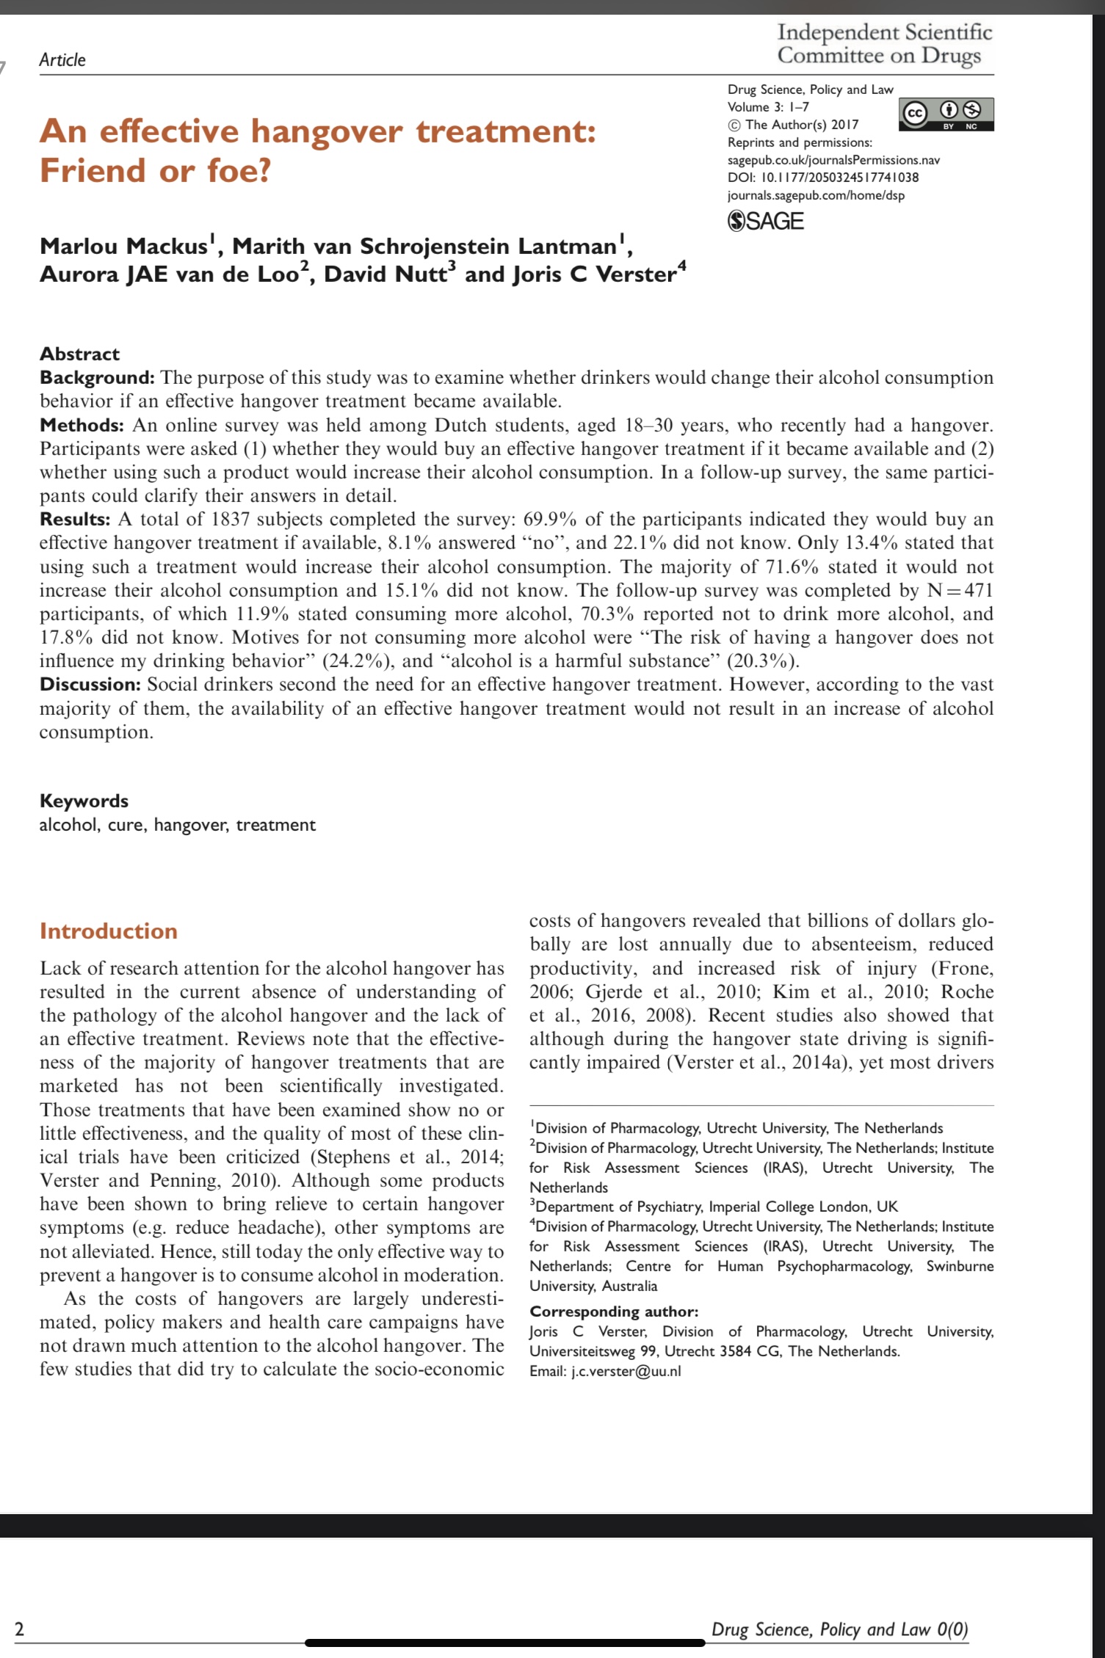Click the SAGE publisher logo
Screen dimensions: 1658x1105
point(765,221)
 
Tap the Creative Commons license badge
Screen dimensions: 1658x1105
point(947,114)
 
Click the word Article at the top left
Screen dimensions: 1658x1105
point(62,60)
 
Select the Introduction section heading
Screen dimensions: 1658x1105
point(109,931)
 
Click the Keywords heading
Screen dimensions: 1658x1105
point(84,801)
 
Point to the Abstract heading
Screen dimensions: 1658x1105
point(79,354)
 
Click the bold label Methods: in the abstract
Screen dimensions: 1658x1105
point(81,425)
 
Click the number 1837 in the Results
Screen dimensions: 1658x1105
point(231,520)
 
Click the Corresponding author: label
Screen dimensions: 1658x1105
point(614,1311)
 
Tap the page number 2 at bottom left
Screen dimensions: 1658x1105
point(20,1630)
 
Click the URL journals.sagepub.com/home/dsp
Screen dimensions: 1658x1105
point(816,195)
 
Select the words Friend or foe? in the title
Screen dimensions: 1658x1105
point(156,170)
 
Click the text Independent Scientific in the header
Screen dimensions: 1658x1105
point(884,32)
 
